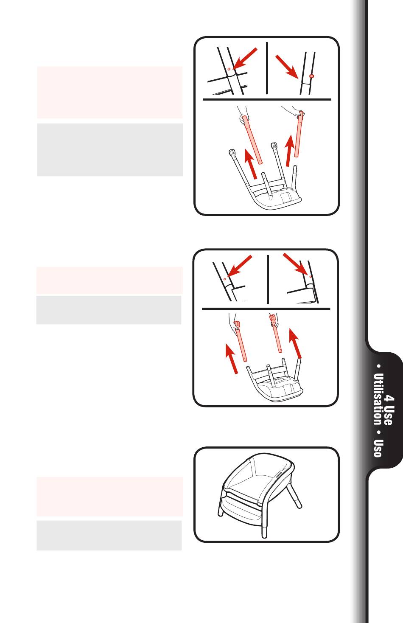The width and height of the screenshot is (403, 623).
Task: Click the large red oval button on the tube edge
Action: [x=311, y=76]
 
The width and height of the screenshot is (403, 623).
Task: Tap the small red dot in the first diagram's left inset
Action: [x=229, y=69]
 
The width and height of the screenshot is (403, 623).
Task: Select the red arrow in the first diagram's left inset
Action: [x=245, y=59]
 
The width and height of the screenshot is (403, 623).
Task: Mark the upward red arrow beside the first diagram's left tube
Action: [x=251, y=163]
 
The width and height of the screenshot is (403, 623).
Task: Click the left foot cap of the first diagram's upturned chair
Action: [x=231, y=153]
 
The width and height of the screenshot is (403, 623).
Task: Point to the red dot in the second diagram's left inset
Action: [x=224, y=279]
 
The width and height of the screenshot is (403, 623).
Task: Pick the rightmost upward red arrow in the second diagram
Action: [x=295, y=343]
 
